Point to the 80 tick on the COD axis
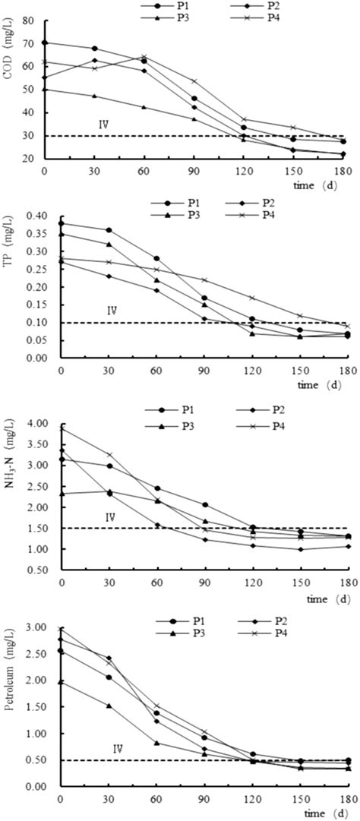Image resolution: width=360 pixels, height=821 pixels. coord(30,21)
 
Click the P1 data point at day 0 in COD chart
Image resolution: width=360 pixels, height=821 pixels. coord(44,43)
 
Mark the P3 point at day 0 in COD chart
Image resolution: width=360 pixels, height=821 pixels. coord(44,89)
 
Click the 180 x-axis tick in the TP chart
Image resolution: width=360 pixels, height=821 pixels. coord(346,372)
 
